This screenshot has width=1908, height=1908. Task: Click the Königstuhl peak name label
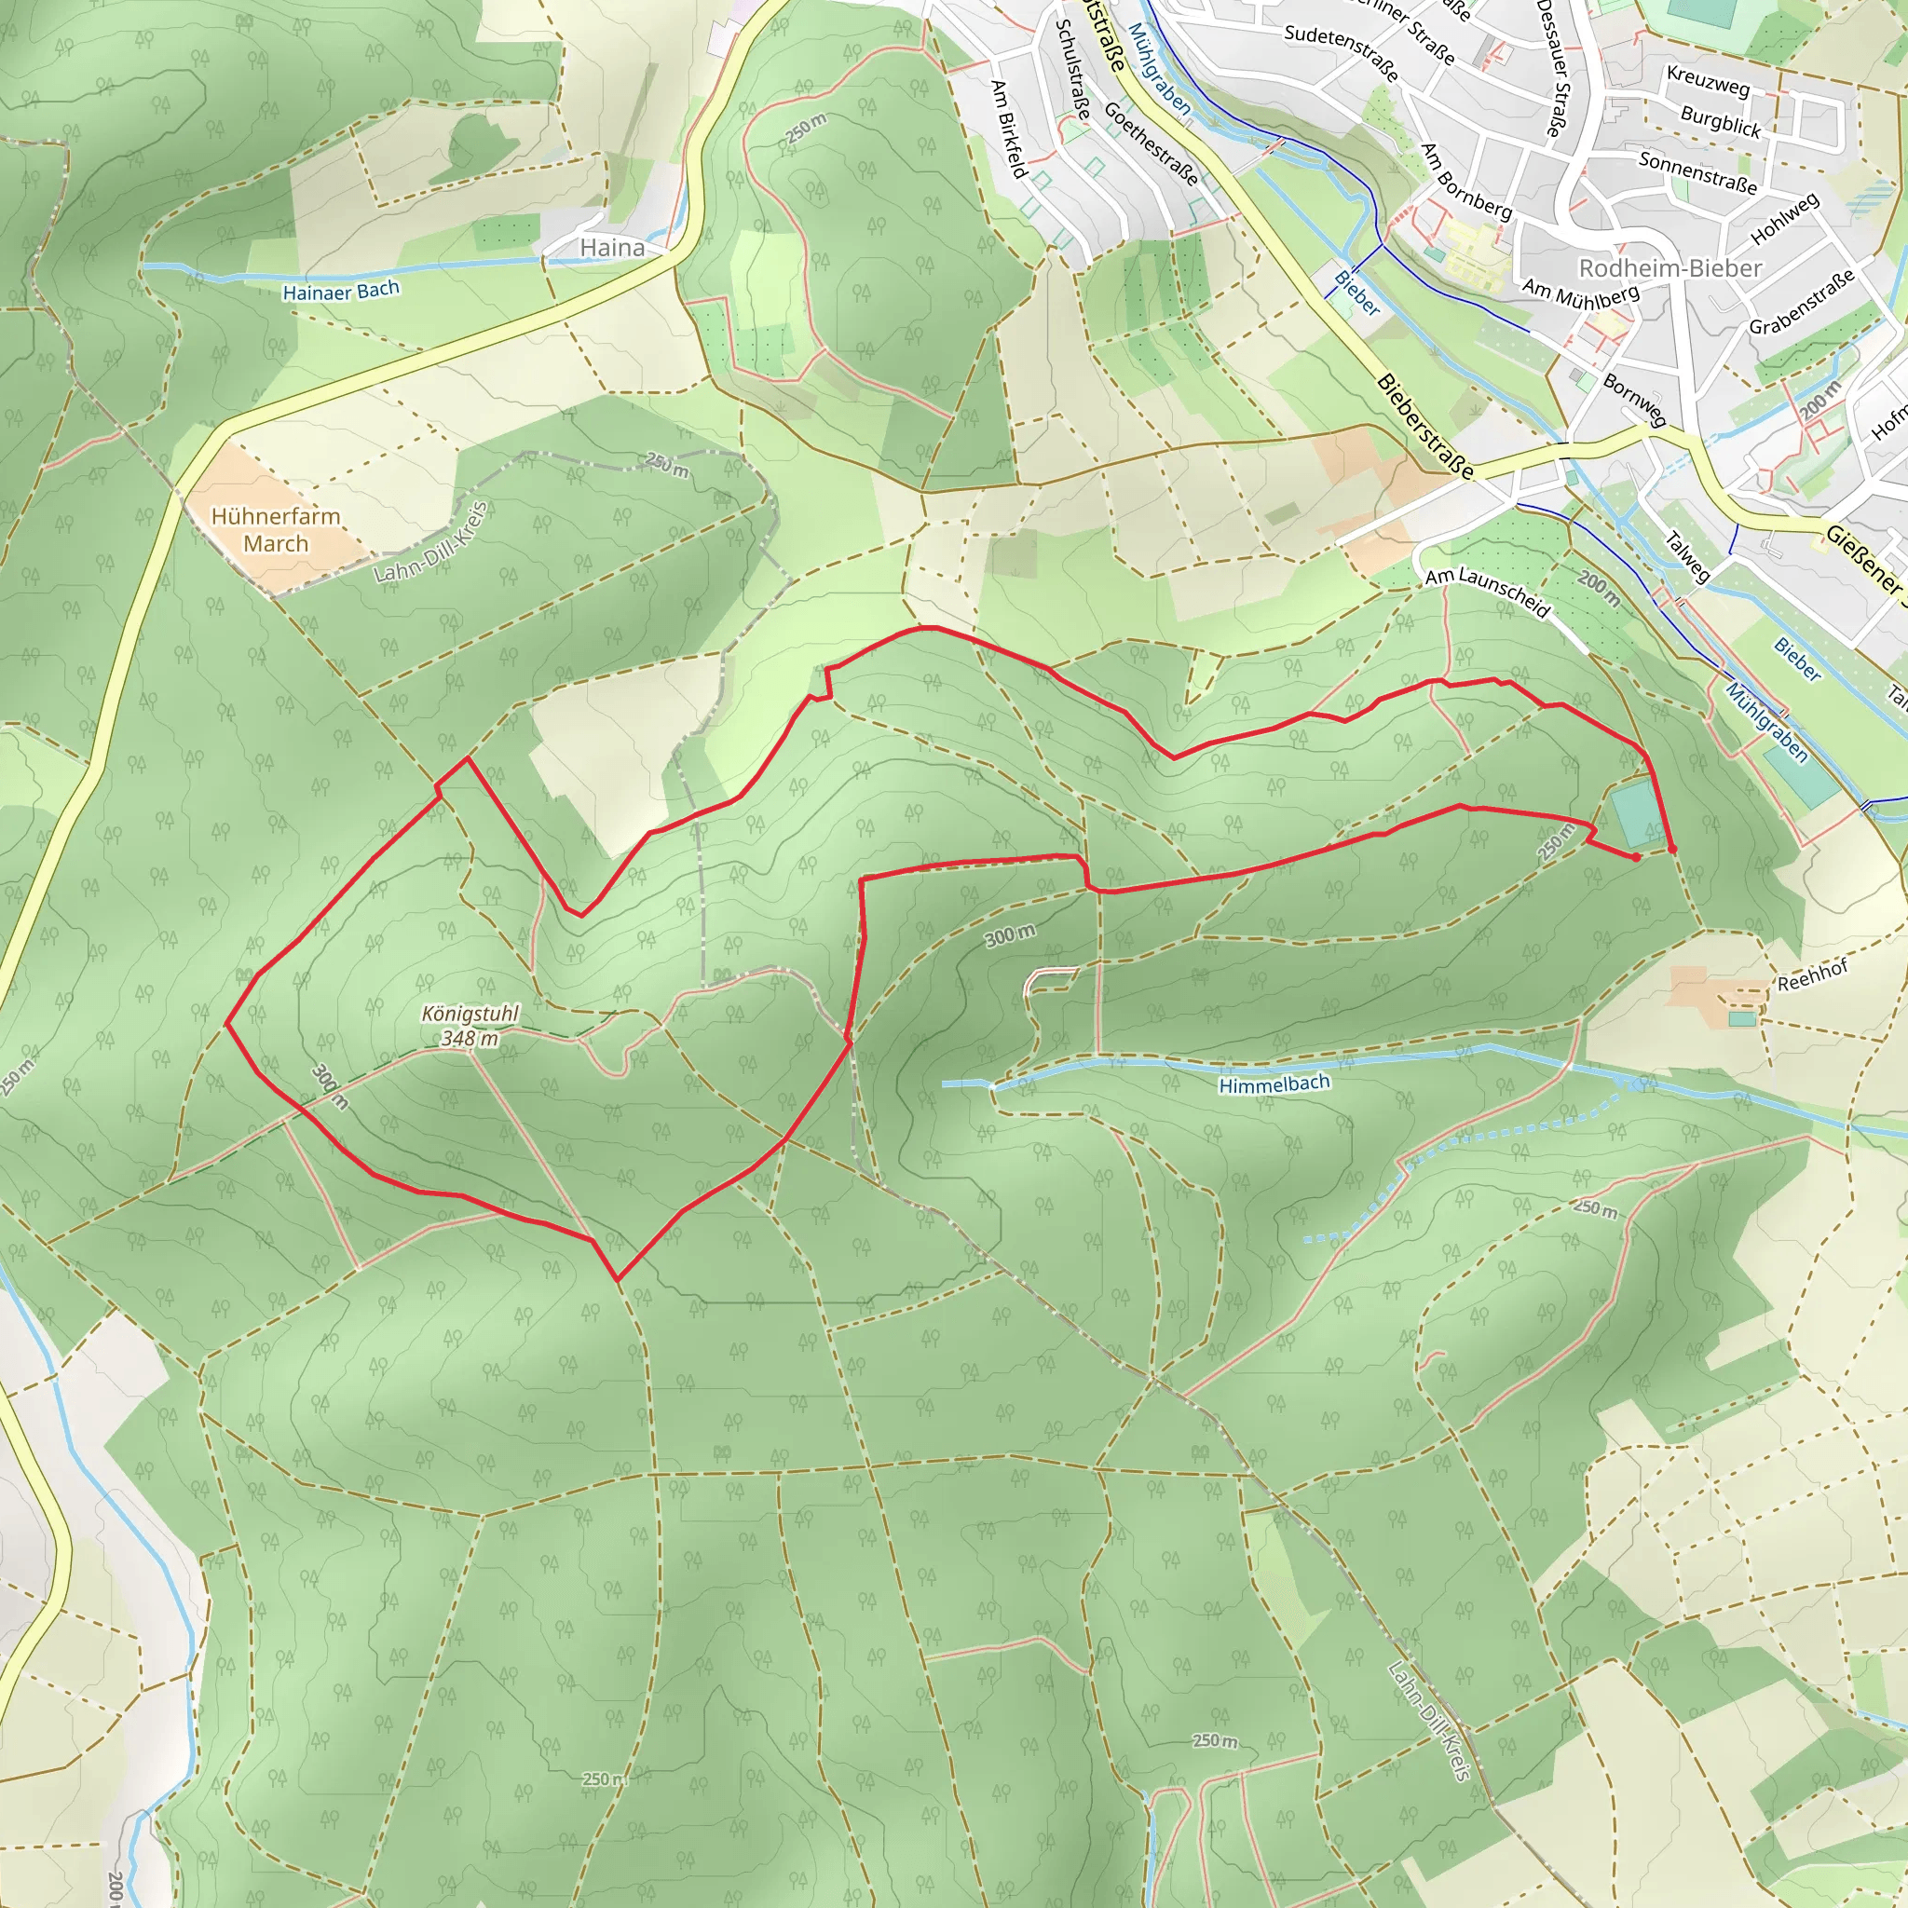click(x=470, y=1015)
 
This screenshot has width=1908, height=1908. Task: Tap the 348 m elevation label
click(x=470, y=1038)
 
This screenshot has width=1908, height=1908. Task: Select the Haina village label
click(x=612, y=248)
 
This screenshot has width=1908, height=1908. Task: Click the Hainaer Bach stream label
click(x=341, y=291)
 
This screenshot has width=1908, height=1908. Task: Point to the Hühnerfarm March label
click(x=276, y=530)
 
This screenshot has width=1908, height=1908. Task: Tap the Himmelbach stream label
click(x=1274, y=1084)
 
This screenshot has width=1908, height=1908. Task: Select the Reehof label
click(x=1812, y=975)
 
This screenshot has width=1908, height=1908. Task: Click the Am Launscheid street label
click(x=1487, y=593)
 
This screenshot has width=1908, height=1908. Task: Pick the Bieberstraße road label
click(x=1425, y=427)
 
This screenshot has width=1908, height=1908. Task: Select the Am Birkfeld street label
click(x=1009, y=129)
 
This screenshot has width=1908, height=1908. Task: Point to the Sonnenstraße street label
click(x=1697, y=173)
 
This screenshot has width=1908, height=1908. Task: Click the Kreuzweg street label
click(x=1708, y=81)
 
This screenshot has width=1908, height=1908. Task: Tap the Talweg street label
click(x=1687, y=557)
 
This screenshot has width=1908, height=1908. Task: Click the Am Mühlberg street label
click(x=1580, y=293)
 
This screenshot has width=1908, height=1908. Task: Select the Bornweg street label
click(x=1634, y=400)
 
